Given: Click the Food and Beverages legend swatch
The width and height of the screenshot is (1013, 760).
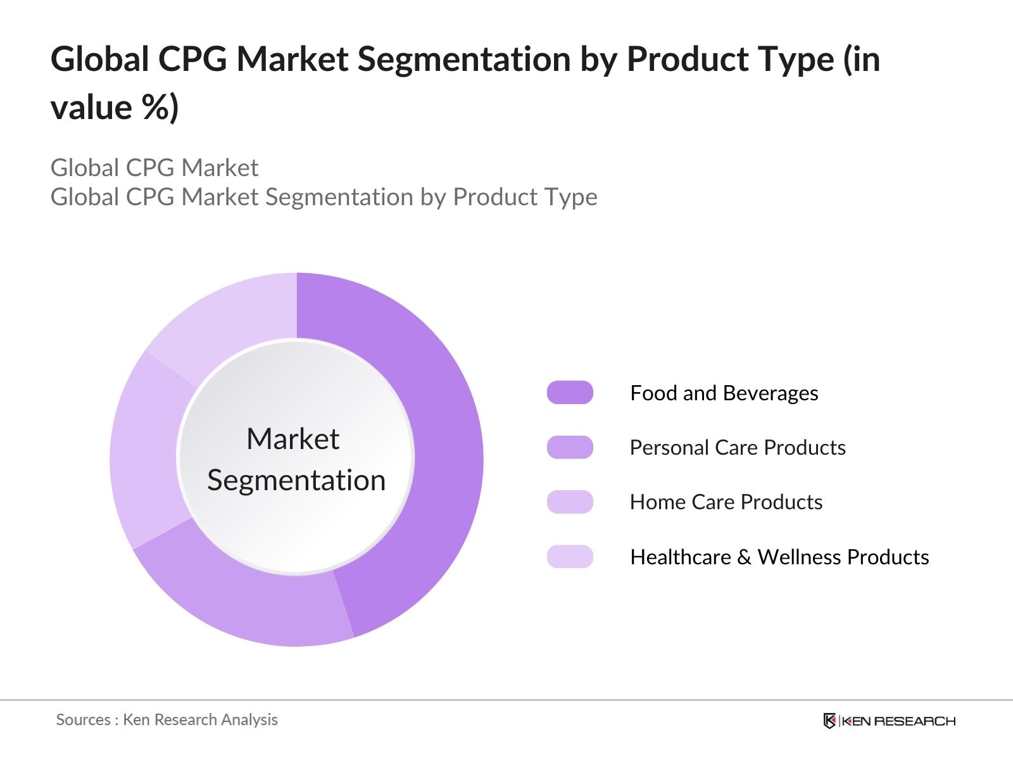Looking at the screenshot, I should (570, 393).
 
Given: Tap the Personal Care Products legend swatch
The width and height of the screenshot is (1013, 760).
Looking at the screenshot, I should (570, 447).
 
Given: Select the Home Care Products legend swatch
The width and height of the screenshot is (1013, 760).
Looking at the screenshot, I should (570, 502).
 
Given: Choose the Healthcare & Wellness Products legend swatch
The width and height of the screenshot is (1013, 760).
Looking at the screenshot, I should (570, 557).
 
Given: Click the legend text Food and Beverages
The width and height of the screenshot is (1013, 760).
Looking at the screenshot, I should (724, 393).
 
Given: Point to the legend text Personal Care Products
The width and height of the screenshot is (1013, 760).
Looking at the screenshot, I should (738, 448).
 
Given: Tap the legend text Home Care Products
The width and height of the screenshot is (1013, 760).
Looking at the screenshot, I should (726, 502).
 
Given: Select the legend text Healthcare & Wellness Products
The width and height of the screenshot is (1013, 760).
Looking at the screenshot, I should (779, 557).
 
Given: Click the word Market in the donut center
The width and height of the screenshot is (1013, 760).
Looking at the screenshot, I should (293, 439).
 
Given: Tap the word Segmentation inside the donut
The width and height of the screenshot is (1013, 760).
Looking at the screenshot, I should (296, 480).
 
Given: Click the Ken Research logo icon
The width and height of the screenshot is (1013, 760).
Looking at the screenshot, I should (829, 721).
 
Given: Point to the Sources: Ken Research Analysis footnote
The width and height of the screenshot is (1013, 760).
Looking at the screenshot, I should (167, 719).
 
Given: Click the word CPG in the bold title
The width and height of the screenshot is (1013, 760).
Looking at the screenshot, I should (192, 60).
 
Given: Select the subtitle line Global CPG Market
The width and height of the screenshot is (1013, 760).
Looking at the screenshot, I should (154, 168).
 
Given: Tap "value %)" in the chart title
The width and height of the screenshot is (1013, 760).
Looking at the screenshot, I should (115, 108).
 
